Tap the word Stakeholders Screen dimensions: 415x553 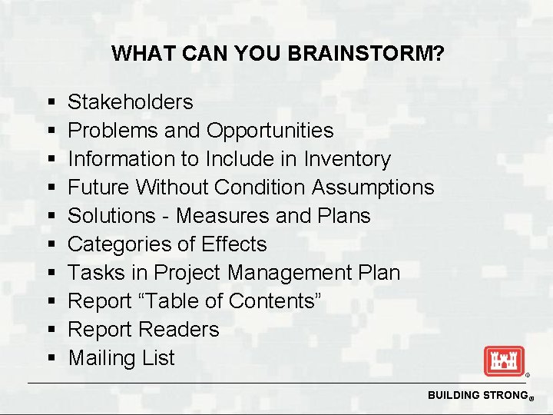(131, 101)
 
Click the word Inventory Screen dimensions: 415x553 (347, 159)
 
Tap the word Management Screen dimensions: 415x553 (286, 273)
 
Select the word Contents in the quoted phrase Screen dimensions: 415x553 (273, 301)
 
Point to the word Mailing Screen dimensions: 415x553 (98, 358)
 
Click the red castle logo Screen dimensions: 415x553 (503, 360)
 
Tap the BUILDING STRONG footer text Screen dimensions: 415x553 (475, 395)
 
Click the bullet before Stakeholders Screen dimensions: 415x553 (50, 102)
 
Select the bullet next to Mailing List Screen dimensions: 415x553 (50, 359)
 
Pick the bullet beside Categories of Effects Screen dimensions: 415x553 (50, 245)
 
